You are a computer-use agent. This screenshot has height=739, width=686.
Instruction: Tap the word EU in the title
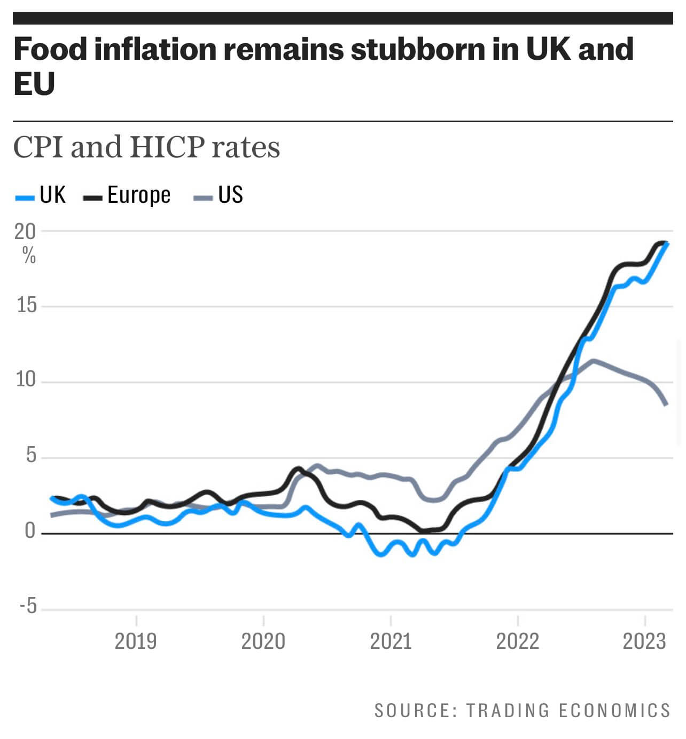click(x=34, y=84)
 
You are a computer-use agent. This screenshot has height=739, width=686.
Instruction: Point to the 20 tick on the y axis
click(x=25, y=231)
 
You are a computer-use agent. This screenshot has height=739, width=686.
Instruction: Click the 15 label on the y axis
click(x=26, y=305)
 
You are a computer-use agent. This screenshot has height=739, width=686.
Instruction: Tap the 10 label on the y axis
click(x=26, y=380)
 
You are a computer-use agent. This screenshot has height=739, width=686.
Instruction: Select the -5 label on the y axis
click(x=27, y=607)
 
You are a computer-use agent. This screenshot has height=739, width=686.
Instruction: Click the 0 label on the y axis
click(x=30, y=531)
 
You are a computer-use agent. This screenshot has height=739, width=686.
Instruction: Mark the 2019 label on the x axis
click(x=136, y=641)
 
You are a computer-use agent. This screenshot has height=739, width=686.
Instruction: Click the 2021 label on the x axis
click(x=391, y=641)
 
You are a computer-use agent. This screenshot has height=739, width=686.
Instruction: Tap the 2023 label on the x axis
click(x=644, y=641)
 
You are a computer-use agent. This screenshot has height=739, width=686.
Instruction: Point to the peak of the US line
click(x=593, y=361)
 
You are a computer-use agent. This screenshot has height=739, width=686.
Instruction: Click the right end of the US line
click(x=666, y=404)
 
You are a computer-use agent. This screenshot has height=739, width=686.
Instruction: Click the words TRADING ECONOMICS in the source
click(x=568, y=711)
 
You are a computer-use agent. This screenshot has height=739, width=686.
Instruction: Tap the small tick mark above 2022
click(x=518, y=621)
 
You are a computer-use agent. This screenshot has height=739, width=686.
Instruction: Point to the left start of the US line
click(x=52, y=515)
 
